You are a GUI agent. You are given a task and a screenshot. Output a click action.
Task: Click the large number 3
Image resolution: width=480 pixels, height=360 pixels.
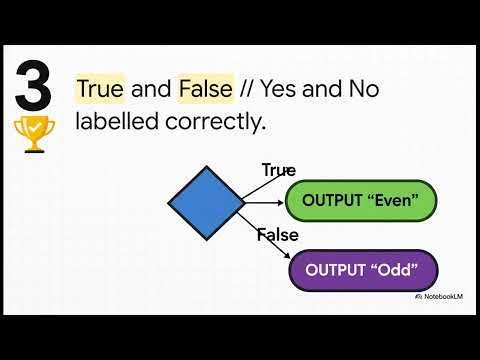(x=33, y=88)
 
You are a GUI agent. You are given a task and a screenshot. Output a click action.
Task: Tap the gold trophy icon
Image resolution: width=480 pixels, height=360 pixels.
(x=33, y=136)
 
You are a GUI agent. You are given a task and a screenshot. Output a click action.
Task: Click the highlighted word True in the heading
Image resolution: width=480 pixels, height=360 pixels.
(x=100, y=89)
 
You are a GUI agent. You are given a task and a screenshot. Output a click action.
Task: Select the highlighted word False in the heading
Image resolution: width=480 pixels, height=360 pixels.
(x=205, y=89)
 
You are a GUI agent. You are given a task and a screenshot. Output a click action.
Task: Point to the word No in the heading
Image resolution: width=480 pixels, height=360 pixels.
(x=359, y=89)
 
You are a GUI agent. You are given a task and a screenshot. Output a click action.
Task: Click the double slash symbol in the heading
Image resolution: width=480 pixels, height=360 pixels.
(x=247, y=89)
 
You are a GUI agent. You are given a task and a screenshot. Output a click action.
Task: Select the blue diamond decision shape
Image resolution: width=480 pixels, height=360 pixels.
(x=206, y=205)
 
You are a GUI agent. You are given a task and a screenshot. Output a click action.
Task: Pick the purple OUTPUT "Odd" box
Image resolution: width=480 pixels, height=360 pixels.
(x=363, y=270)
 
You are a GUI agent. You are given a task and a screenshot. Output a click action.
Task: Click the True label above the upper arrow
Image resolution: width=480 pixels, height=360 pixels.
(x=279, y=170)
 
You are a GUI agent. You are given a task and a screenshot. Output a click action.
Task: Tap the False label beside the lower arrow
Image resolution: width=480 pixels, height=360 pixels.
(x=277, y=235)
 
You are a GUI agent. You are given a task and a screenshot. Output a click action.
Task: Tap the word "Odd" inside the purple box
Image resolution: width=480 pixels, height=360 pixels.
(x=397, y=270)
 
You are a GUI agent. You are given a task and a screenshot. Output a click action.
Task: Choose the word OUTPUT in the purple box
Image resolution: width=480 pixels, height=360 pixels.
(x=337, y=270)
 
